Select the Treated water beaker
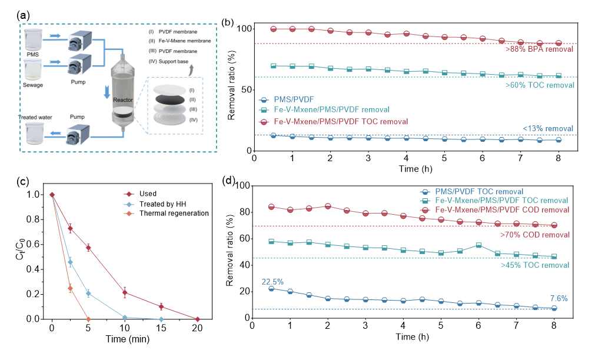[35, 132]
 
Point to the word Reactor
[123, 100]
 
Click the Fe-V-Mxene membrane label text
[185, 41]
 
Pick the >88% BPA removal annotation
[539, 49]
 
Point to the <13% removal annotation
[547, 129]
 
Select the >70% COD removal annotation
[535, 235]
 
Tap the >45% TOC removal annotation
[535, 265]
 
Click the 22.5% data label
[272, 282]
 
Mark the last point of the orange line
[88, 319]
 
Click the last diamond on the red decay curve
[198, 319]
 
